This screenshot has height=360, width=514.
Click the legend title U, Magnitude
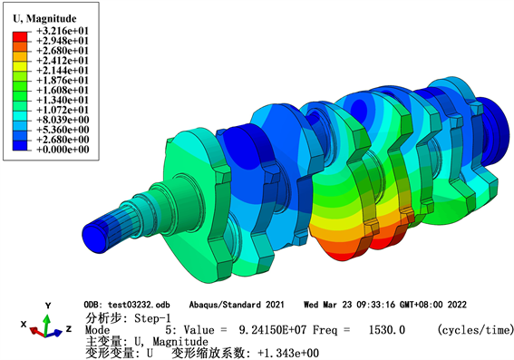pyautogui.click(x=44, y=18)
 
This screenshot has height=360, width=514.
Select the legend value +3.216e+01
pyautogui.click(x=63, y=31)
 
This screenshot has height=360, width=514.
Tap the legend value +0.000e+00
pyautogui.click(x=63, y=150)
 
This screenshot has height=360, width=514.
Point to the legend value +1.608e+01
pyautogui.click(x=63, y=90)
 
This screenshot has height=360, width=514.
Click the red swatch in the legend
pyautogui.click(x=20, y=36)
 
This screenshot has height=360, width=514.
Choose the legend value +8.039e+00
pyautogui.click(x=63, y=120)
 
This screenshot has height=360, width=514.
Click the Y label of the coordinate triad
pyautogui.click(x=48, y=306)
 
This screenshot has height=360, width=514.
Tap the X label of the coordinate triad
pyautogui.click(x=24, y=325)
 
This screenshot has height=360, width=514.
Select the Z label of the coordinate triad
pyautogui.click(x=69, y=328)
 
